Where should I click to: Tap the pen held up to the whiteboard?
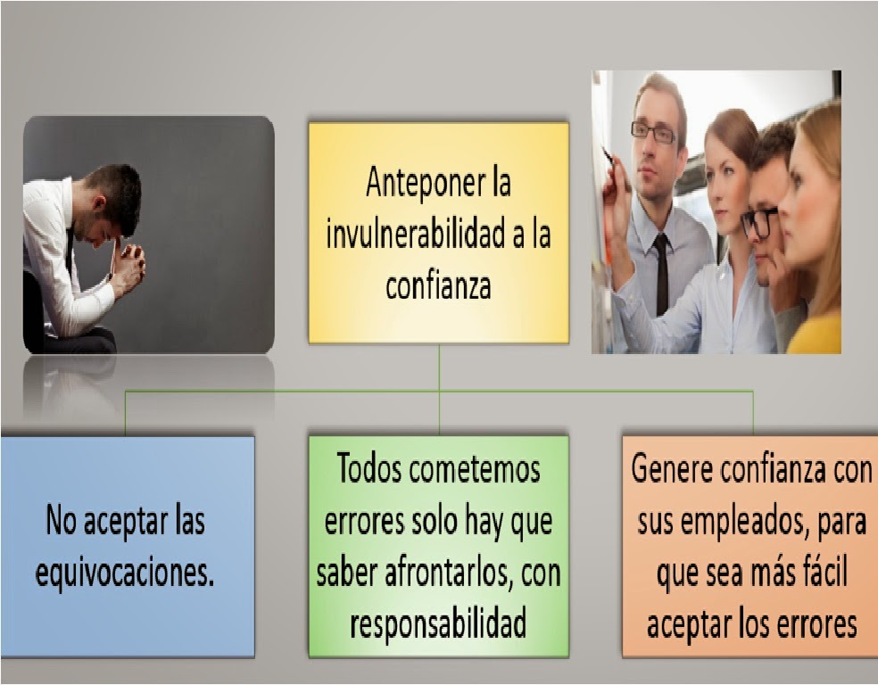click(609, 157)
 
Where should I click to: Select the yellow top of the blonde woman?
click(815, 334)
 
